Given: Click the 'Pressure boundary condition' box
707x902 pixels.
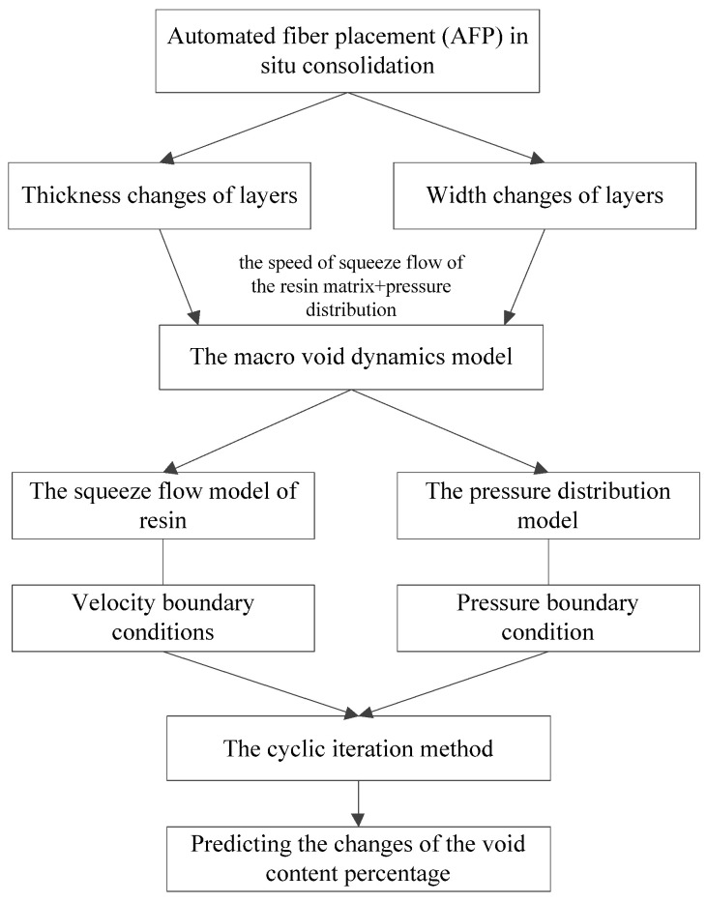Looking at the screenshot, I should [x=548, y=619].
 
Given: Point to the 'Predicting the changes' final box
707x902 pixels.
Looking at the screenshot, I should [x=359, y=858].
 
